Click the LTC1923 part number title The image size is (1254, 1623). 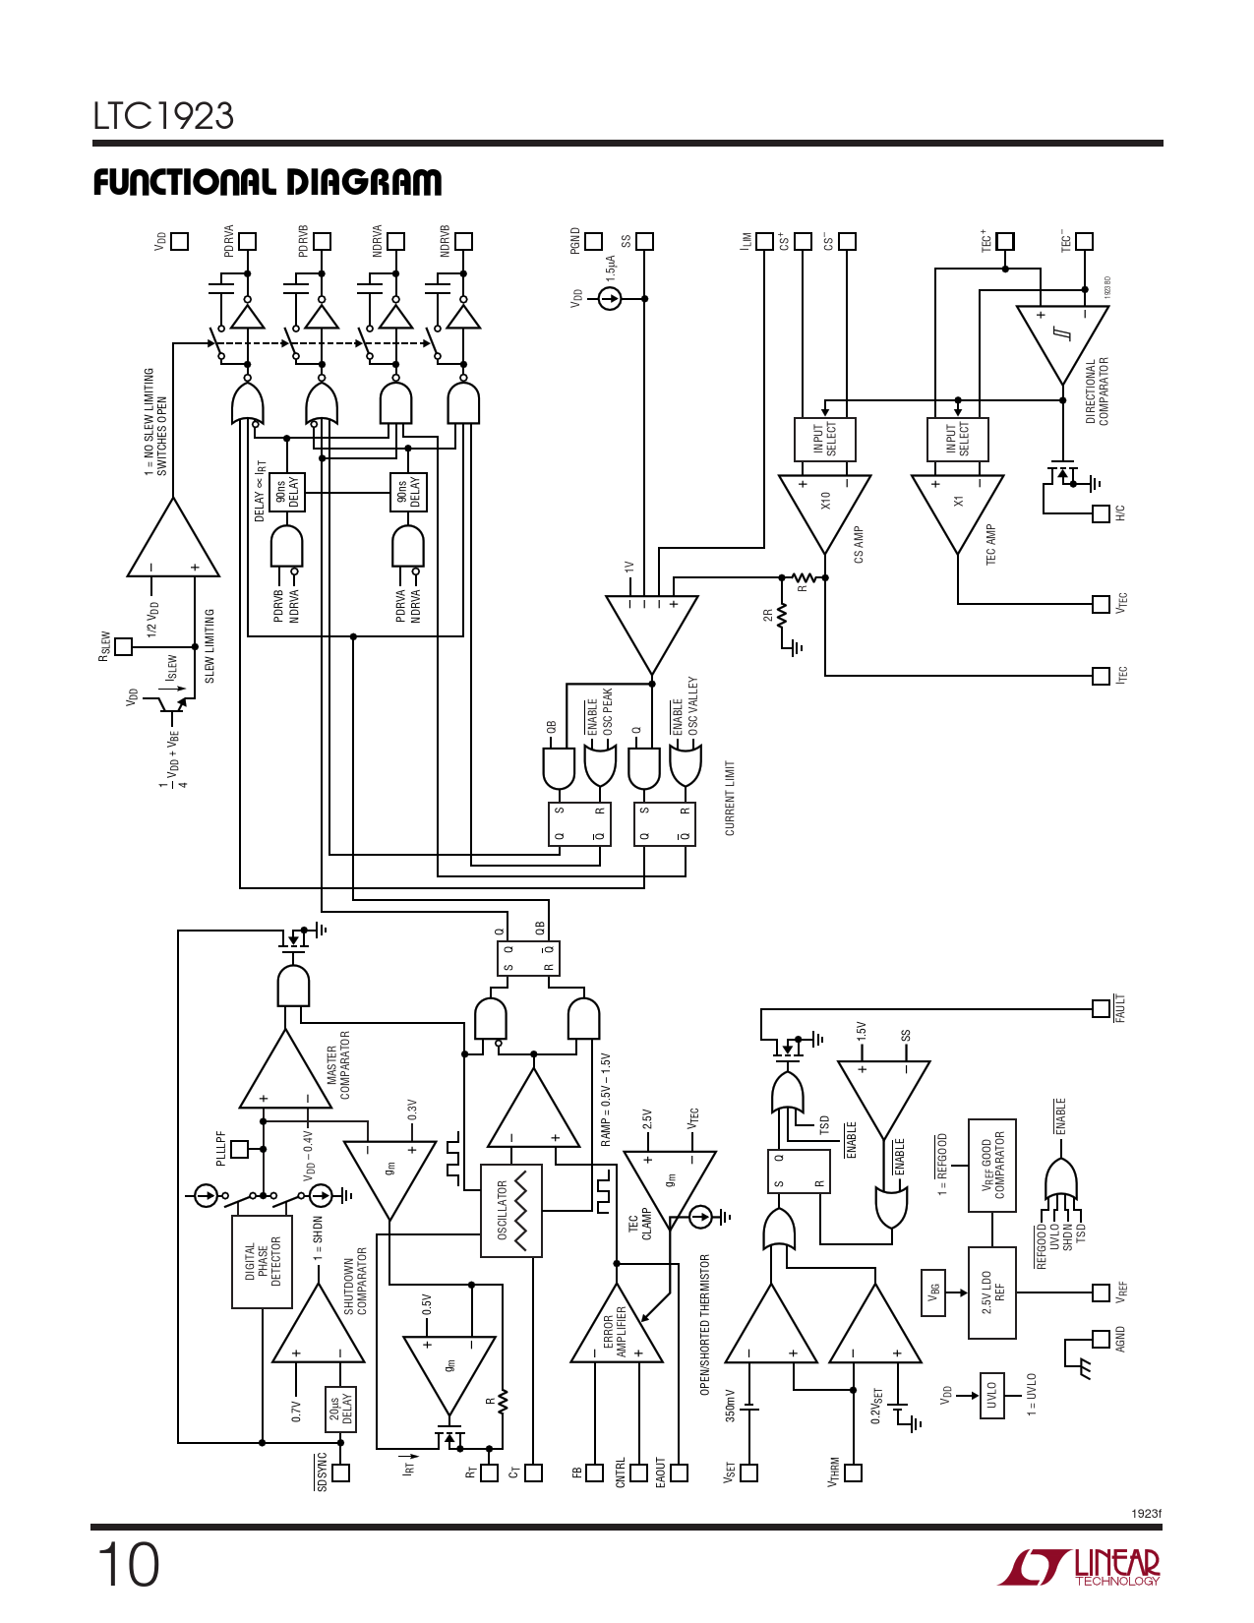pos(163,116)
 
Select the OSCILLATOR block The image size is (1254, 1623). pos(510,1211)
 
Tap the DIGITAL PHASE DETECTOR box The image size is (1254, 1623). pos(262,1262)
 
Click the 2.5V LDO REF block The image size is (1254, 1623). pos(991,1292)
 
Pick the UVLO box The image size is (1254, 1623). pos(991,1395)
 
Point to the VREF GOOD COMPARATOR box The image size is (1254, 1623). pos(991,1166)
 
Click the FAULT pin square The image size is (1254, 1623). pos(1102,1008)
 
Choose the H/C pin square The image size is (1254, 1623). pos(1102,513)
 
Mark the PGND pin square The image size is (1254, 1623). pos(594,241)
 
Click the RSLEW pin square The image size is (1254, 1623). pos(124,646)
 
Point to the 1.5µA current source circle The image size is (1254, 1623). pos(610,298)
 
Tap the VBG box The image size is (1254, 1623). pos(932,1292)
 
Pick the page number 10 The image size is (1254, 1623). pos(128,1565)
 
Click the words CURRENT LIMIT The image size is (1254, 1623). pos(730,798)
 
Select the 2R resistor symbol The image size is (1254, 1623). pos(782,617)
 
